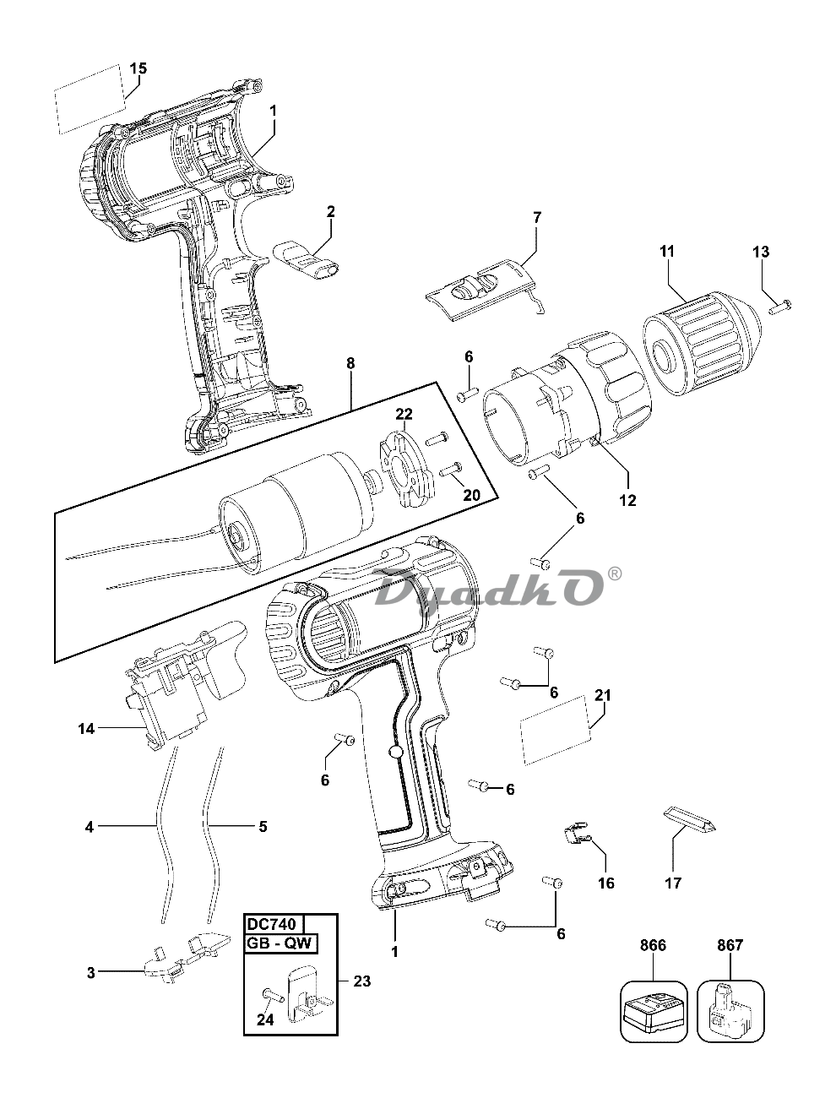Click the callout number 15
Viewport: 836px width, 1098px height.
[x=138, y=68]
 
